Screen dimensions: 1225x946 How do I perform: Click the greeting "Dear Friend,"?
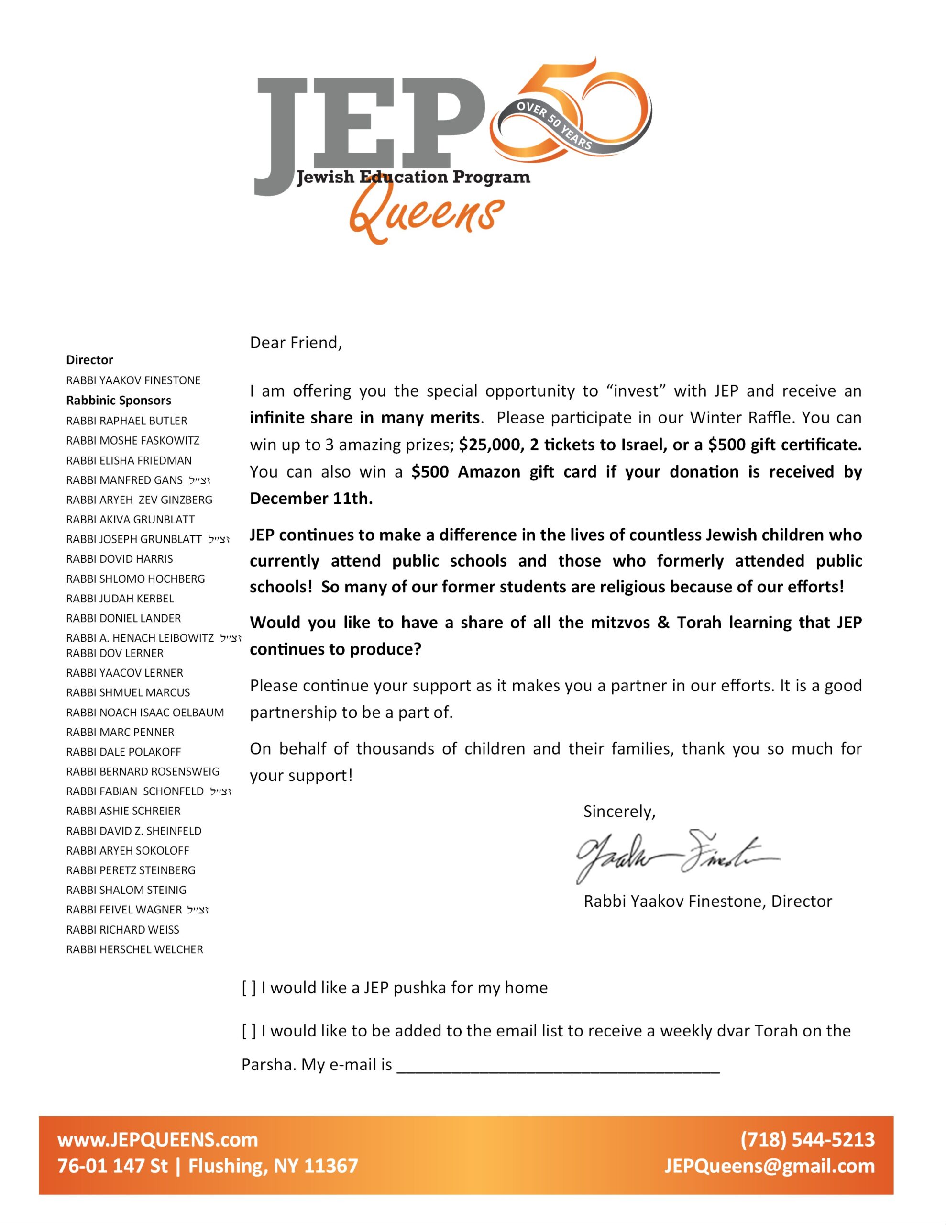296,343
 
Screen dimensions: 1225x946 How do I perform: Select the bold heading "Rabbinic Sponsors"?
118,401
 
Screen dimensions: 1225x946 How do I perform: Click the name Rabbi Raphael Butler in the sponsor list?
127,421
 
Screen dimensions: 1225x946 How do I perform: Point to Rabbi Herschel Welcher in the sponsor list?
134,949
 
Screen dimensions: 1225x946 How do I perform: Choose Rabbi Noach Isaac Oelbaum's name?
145,713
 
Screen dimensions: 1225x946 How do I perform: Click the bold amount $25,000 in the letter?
490,445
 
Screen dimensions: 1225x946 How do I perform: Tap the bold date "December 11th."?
311,499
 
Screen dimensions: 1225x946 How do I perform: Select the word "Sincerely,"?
619,812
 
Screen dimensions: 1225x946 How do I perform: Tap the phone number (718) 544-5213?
807,1139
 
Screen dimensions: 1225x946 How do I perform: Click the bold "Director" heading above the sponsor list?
90,360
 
